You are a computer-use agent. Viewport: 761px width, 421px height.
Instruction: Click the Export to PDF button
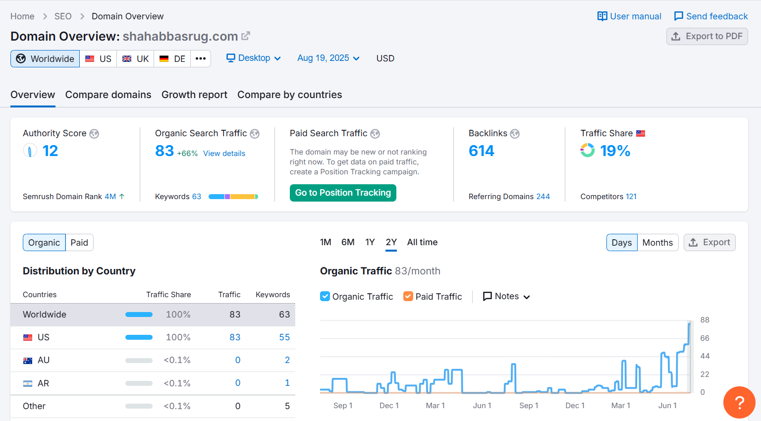(707, 36)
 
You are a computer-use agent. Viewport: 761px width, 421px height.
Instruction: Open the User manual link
(629, 16)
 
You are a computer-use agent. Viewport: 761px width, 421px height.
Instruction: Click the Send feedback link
(711, 16)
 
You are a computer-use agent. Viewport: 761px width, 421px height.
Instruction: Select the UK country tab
(135, 58)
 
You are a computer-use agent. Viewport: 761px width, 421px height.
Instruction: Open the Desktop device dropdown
(254, 58)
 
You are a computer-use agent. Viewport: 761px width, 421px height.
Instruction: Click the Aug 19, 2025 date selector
(328, 58)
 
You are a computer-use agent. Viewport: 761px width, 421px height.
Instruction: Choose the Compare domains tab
(108, 95)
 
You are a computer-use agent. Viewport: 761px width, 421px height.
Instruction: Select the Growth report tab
(194, 95)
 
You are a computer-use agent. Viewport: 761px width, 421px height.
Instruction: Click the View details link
(224, 154)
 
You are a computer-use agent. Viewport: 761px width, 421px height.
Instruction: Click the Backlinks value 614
(481, 151)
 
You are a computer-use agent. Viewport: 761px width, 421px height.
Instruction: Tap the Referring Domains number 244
(543, 197)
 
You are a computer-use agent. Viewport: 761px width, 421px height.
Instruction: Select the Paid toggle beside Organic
(79, 243)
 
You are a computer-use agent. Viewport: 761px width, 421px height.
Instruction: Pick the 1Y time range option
(370, 242)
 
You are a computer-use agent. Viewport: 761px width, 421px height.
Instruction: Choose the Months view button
(657, 243)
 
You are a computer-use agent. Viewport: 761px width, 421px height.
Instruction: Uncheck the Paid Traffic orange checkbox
(408, 296)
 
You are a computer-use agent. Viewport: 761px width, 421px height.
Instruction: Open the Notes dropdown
(506, 296)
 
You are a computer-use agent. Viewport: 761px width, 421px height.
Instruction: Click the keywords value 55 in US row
(284, 337)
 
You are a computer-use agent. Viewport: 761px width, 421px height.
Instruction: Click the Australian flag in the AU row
(28, 361)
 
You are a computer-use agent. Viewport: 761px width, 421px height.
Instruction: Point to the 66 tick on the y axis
(705, 338)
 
